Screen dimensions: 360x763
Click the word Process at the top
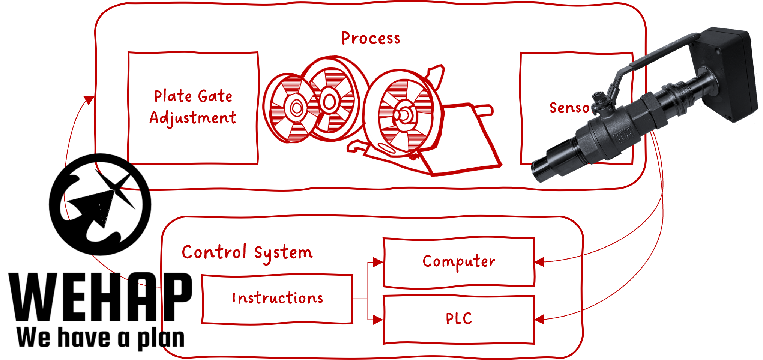371,39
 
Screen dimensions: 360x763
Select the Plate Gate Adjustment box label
193,107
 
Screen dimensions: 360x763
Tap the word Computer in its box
459,261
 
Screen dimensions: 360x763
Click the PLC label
458,319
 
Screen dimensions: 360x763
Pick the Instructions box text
278,298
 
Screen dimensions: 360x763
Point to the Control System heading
247,252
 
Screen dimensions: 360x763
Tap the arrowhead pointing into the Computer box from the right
539,262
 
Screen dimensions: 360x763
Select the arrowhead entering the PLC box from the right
539,319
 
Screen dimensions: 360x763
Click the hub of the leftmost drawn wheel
296,108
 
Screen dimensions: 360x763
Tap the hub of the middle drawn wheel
329,101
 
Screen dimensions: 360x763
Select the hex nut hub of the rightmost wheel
402,114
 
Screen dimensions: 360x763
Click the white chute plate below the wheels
465,150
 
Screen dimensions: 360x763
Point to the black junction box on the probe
722,75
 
